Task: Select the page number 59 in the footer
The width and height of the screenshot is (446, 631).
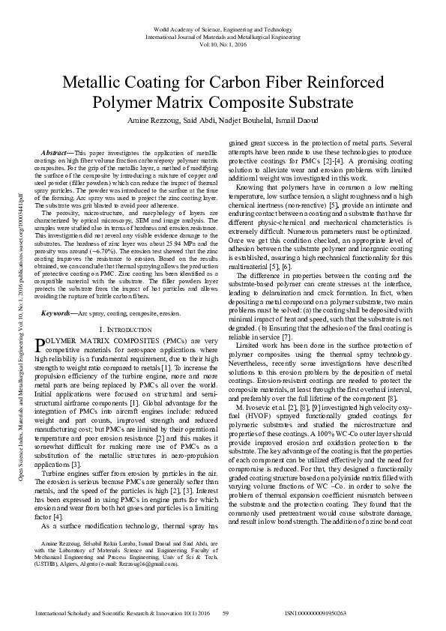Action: tap(224, 612)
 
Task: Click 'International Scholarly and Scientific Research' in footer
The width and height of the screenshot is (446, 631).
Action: tap(105, 612)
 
